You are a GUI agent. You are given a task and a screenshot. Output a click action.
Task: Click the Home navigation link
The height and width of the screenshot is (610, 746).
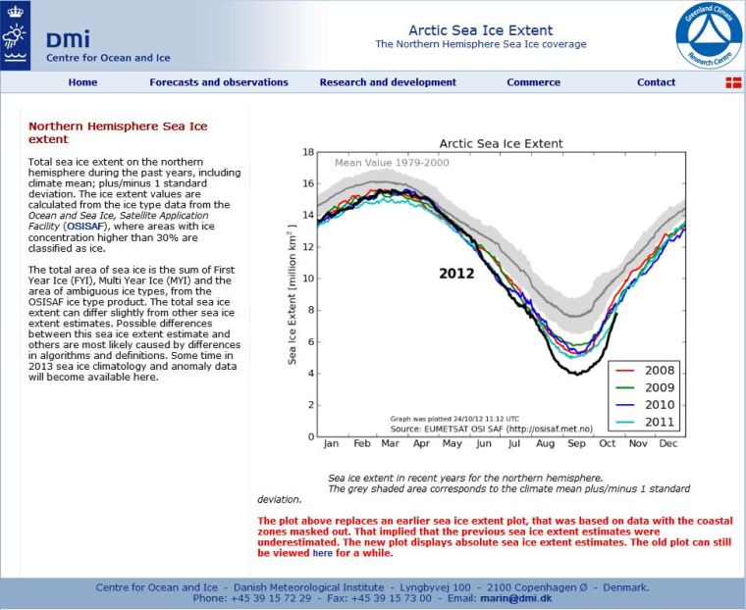(82, 82)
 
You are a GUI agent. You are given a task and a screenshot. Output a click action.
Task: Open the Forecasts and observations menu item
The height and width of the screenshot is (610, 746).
(219, 82)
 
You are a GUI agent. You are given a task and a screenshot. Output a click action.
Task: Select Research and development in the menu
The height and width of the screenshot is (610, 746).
(388, 82)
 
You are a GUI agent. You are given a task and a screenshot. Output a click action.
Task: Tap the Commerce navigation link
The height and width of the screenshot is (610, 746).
(534, 82)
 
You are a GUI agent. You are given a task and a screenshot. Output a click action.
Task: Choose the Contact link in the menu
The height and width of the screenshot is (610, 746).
(656, 82)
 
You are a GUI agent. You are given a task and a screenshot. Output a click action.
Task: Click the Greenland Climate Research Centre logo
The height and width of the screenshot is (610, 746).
(708, 35)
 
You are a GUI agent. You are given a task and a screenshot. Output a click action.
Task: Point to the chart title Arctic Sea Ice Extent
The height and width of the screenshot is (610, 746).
(501, 143)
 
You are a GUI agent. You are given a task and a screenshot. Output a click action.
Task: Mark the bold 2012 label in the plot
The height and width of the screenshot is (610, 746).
(456, 273)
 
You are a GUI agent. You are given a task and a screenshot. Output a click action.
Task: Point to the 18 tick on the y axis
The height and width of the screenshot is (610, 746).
(308, 152)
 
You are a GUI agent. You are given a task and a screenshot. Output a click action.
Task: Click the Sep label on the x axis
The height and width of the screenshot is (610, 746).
(575, 443)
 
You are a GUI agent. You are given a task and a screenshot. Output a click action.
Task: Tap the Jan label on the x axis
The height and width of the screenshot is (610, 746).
(331, 443)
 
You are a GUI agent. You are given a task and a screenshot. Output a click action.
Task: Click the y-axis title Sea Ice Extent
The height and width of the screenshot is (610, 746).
(292, 294)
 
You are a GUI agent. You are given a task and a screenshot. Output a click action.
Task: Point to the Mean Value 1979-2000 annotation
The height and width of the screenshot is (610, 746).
(393, 163)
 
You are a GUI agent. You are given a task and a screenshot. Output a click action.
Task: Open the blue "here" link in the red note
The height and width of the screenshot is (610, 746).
(322, 553)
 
